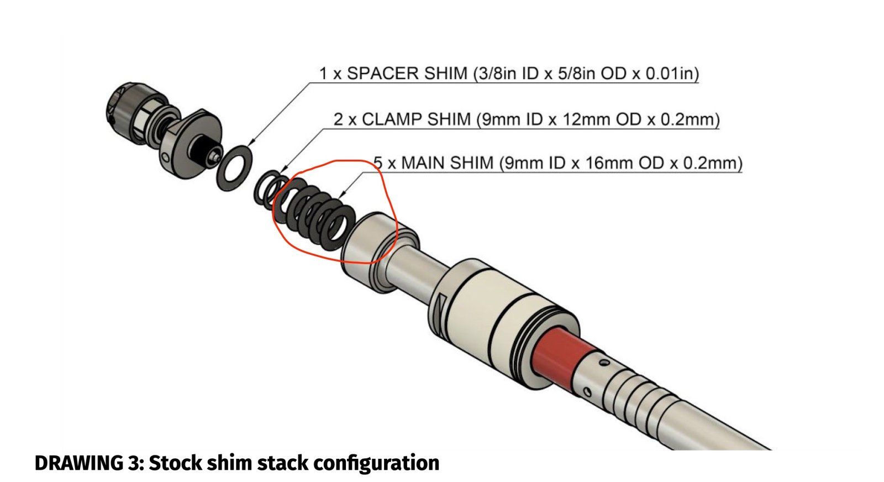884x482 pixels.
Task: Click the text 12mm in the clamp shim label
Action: pos(586,119)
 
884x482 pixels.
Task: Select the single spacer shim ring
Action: pos(235,169)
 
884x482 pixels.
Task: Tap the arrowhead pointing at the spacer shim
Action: pos(252,143)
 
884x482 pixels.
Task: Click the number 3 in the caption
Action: pos(135,463)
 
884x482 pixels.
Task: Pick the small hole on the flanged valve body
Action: pos(166,159)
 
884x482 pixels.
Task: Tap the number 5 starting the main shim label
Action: pos(378,163)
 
